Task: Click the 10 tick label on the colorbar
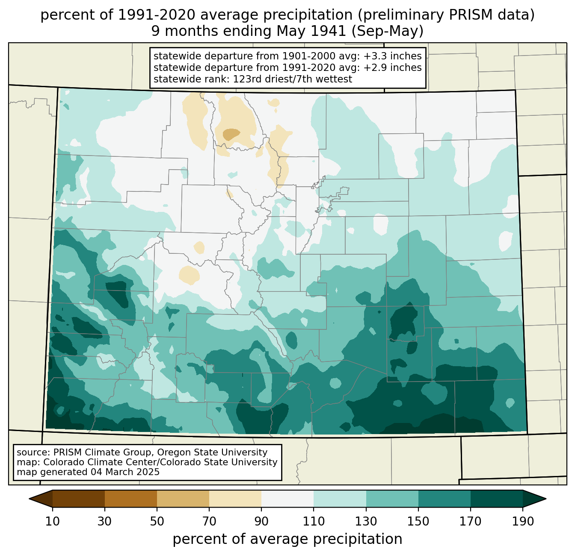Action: pos(52,522)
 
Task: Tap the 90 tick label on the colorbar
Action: pos(261,522)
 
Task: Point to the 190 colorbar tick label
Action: pos(522,522)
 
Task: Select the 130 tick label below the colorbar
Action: pos(366,522)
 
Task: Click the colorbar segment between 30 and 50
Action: pos(130,499)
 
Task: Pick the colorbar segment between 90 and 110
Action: pos(287,499)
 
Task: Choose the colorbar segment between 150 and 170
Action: pos(444,499)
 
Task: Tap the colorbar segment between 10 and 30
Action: pos(79,499)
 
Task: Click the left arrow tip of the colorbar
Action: pos(29,499)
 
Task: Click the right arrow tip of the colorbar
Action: pos(546,499)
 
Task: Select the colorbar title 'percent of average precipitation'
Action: pos(287,539)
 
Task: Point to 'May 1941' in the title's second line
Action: pos(311,31)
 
